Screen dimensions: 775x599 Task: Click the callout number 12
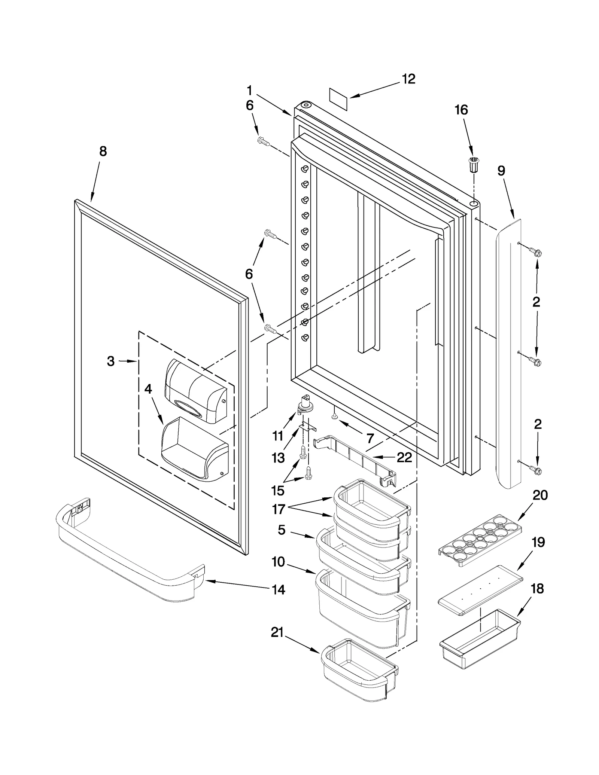[x=408, y=79]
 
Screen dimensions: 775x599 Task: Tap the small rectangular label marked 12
[x=338, y=99]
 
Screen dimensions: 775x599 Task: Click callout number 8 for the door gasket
[x=103, y=152]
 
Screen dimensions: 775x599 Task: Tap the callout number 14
[x=278, y=590]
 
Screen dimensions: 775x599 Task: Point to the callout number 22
[x=404, y=457]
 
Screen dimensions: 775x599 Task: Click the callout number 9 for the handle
[x=501, y=171]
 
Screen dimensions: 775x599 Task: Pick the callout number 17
[x=279, y=509]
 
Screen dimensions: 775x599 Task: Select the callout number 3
[x=111, y=361]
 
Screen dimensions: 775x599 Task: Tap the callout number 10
[x=279, y=562]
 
